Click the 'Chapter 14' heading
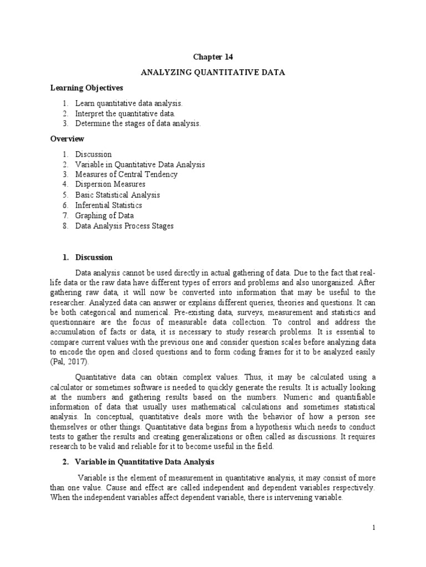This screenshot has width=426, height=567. (212, 57)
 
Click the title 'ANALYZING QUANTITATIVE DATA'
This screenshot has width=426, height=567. (213, 73)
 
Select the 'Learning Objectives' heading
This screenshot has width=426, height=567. (87, 88)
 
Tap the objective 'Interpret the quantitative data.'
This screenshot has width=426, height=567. (128, 114)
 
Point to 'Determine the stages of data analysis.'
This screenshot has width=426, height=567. (138, 123)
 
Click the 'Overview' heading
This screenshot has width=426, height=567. (67, 139)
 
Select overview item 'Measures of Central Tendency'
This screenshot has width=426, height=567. (126, 174)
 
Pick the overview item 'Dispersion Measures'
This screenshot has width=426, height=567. (110, 184)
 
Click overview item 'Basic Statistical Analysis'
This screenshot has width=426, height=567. (118, 195)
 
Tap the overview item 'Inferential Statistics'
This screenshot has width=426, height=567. (109, 205)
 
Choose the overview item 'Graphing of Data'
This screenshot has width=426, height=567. (104, 215)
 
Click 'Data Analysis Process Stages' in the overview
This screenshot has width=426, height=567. (124, 226)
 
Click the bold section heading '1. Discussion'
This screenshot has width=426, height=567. (87, 257)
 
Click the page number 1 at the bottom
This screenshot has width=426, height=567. (374, 528)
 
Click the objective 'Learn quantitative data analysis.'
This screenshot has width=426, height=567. (129, 104)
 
